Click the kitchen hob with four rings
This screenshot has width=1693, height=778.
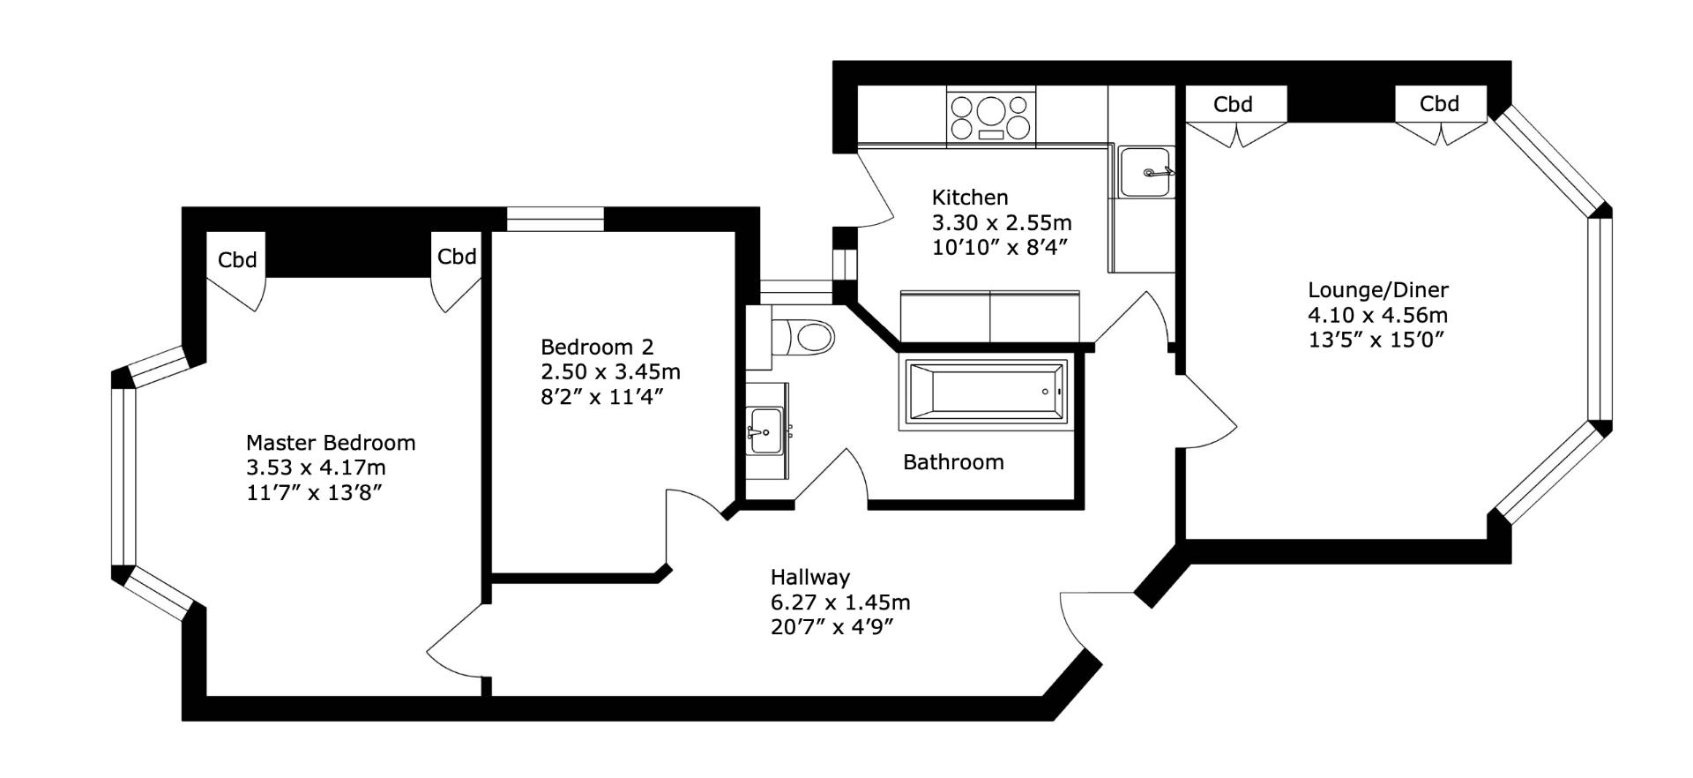(x=991, y=116)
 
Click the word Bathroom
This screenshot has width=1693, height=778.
(x=953, y=462)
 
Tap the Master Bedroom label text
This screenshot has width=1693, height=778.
(x=331, y=443)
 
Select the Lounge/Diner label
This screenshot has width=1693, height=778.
(x=1377, y=289)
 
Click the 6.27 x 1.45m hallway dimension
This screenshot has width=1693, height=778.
(x=839, y=602)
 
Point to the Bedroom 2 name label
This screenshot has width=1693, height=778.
(x=597, y=347)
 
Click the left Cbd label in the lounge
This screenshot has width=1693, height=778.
(x=1233, y=104)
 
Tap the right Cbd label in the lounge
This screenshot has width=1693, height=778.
(x=1439, y=103)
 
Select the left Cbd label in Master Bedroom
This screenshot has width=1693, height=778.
(x=237, y=259)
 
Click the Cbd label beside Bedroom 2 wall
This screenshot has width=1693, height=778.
(x=457, y=256)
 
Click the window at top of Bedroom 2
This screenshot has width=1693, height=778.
(x=555, y=218)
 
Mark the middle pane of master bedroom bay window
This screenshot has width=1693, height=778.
(x=123, y=476)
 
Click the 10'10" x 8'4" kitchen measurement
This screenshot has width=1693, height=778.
(x=1000, y=247)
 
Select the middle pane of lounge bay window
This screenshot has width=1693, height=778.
(x=1600, y=319)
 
